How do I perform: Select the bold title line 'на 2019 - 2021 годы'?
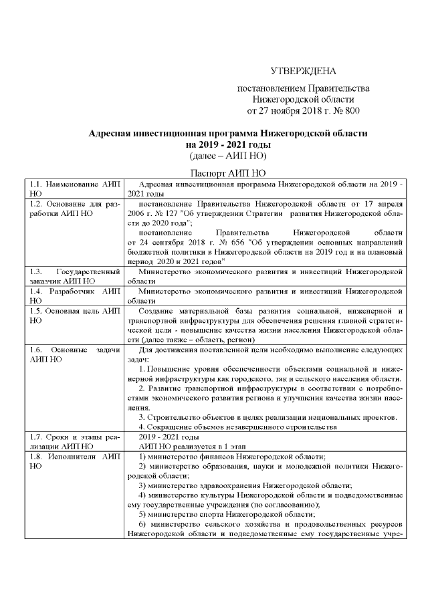pos(228,144)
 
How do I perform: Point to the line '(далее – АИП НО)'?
pos(228,156)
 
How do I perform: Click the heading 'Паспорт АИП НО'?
pos(228,172)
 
